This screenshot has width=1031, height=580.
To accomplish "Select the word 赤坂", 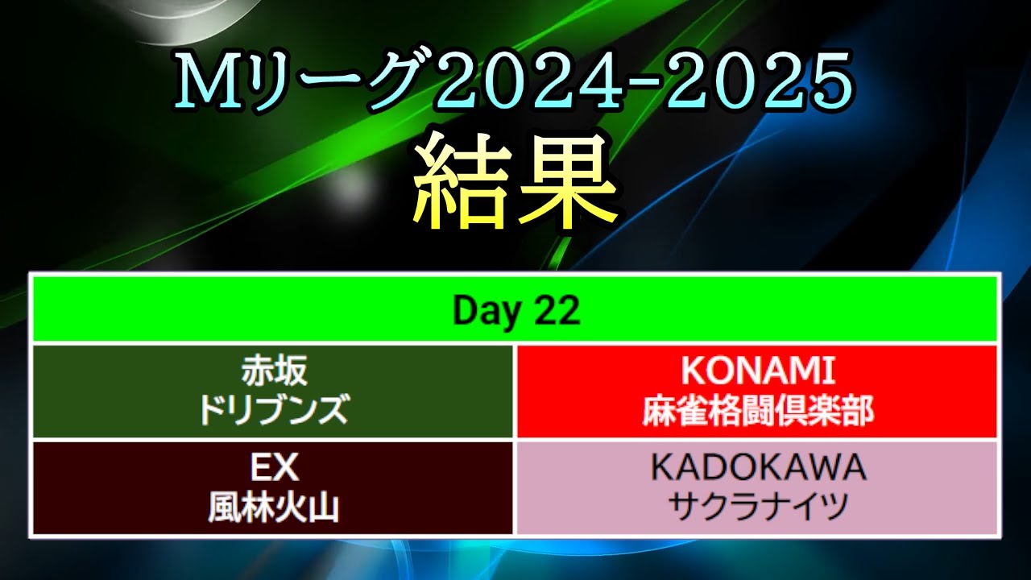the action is click(x=275, y=371).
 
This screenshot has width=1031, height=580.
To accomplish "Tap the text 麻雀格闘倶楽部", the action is click(x=758, y=411).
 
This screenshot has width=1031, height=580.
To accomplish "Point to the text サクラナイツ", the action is click(x=758, y=507).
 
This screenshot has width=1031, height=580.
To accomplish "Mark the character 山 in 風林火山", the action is click(x=324, y=507).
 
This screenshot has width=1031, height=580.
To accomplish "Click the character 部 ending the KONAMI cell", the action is click(x=857, y=411).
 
